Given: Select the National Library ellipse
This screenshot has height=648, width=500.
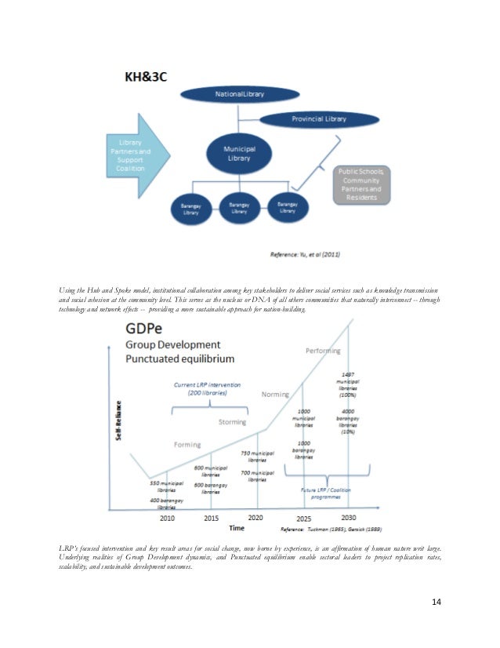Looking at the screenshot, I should (x=240, y=94).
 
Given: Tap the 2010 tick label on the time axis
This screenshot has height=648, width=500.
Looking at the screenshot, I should (x=168, y=519).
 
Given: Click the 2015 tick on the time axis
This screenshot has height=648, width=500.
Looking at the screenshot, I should (x=212, y=519).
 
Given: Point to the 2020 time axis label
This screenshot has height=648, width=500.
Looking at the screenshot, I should (x=255, y=519).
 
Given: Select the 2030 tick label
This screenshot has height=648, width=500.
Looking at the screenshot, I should (x=350, y=518).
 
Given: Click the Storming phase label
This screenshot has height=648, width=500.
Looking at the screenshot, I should (x=232, y=421).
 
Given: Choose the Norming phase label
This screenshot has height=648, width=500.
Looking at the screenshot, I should (x=275, y=394).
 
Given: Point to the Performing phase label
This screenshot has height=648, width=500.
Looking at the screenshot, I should (x=324, y=350).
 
